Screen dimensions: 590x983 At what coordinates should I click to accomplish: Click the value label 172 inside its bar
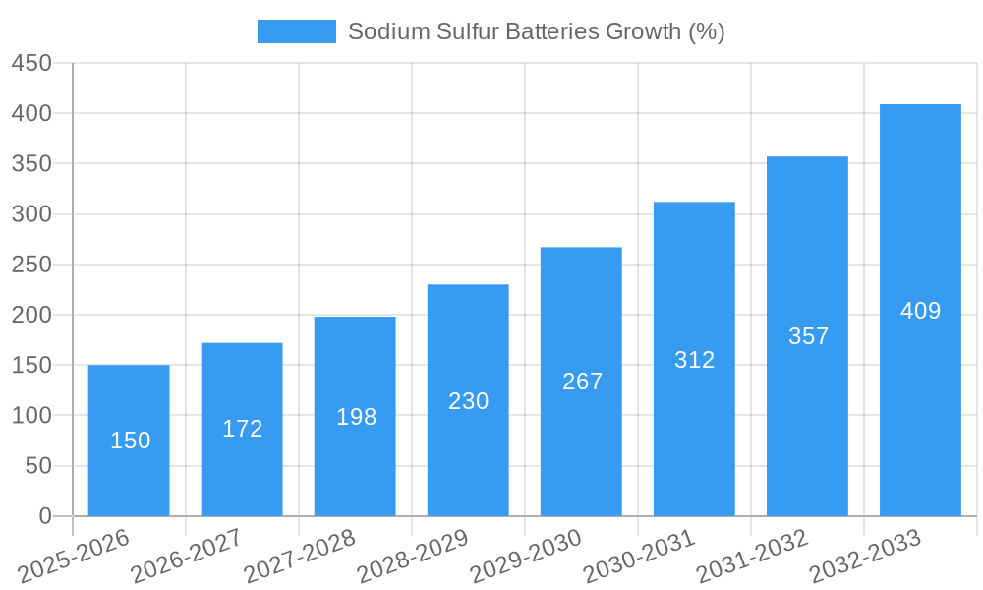click(242, 429)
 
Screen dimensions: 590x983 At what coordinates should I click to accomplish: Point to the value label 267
click(582, 382)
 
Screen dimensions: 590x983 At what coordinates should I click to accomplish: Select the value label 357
click(808, 336)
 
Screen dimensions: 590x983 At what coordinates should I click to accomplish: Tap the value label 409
click(920, 311)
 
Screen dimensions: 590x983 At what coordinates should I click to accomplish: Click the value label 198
click(356, 417)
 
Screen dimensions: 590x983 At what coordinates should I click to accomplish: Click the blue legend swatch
click(296, 31)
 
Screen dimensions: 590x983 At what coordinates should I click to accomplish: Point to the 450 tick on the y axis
click(31, 63)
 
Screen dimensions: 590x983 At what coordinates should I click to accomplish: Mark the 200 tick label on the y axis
click(31, 315)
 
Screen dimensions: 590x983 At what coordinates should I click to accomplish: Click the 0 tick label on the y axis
click(44, 516)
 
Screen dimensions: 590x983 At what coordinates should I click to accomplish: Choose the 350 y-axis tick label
click(31, 163)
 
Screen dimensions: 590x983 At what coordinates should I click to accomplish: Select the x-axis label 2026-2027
click(187, 556)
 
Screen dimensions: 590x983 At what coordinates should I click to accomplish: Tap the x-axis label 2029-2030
click(526, 556)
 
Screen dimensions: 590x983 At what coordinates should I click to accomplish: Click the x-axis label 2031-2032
click(752, 556)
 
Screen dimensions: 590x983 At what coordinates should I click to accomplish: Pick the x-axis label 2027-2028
click(300, 556)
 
